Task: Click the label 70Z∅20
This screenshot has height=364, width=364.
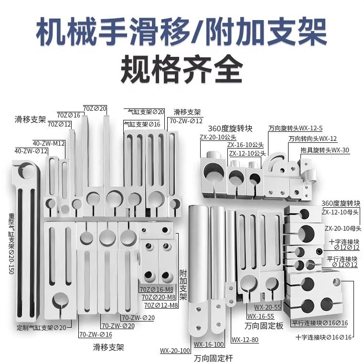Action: click(95, 108)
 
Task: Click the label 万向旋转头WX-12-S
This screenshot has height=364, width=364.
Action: click(295, 128)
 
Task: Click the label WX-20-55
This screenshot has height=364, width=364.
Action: click(267, 307)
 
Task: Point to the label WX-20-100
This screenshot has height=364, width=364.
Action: click(175, 351)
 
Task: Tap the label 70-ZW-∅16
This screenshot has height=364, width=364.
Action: click(96, 334)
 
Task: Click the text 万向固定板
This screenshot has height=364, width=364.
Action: click(264, 326)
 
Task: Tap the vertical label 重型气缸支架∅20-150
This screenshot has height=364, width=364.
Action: click(11, 244)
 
